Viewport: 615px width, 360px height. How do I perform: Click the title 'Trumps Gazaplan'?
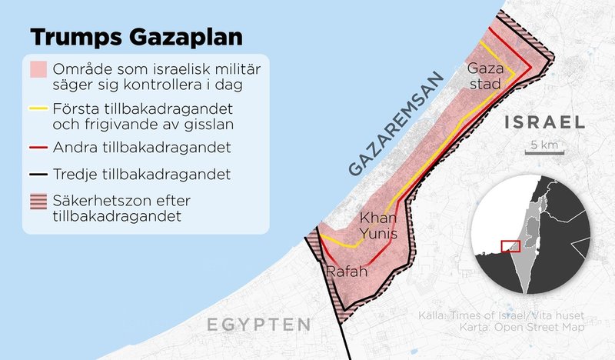coord(135,38)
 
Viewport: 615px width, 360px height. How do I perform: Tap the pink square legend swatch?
coord(39,70)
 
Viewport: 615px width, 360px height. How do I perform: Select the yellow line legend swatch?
coord(39,107)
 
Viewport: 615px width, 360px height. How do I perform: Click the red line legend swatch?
coord(39,145)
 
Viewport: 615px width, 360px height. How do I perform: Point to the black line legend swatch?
coord(39,173)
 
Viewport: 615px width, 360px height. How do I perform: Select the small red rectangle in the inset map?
coord(510,246)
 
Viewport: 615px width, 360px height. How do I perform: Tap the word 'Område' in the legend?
coord(81,64)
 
